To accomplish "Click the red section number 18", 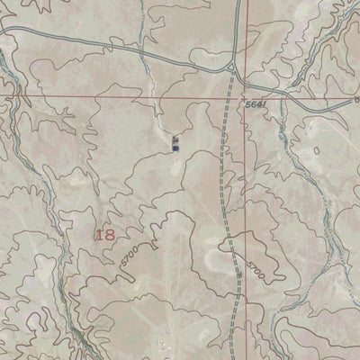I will pos(104,234).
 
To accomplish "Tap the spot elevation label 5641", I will pos(256,105).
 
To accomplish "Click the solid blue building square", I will pos(175,148).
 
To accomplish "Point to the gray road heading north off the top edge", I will pos(236,18).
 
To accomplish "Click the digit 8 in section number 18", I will pos(110,234).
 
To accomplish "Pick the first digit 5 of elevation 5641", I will pos(247,105).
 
